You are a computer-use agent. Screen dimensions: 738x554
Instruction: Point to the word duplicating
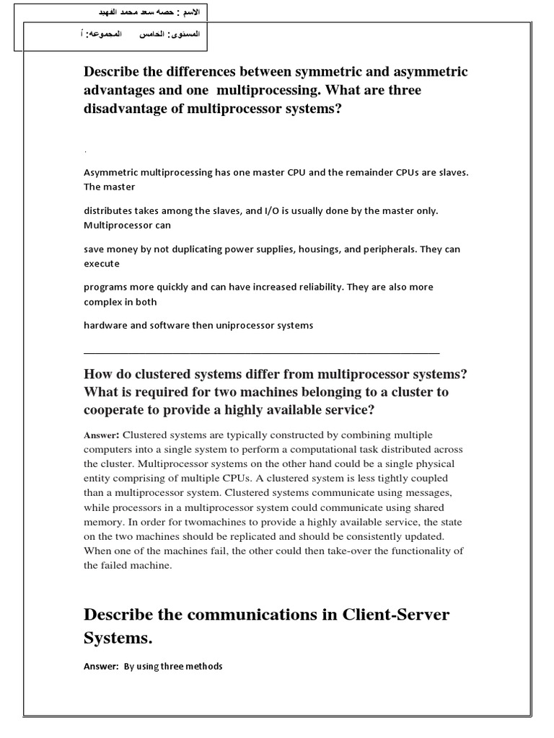(x=202, y=249)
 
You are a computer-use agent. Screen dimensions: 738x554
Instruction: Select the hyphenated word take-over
(x=322, y=551)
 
